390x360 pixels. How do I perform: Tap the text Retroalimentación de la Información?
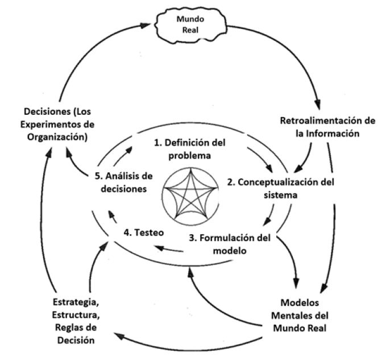tap(328, 127)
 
